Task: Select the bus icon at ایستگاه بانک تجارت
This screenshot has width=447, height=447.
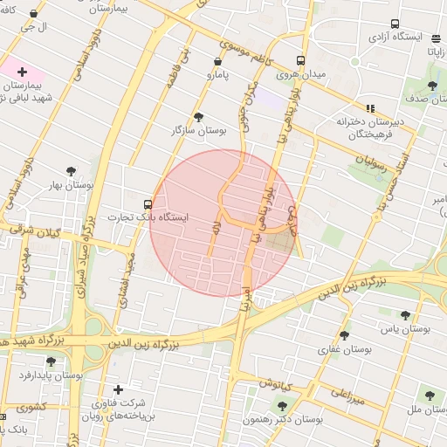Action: click(147, 204)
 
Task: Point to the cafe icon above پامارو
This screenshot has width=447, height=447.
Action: click(217, 62)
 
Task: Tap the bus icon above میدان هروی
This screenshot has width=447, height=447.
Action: click(300, 61)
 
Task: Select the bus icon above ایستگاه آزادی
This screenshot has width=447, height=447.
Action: click(395, 24)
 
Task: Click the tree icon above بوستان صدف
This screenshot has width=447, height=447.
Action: click(432, 86)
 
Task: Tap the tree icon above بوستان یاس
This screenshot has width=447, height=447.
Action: click(405, 315)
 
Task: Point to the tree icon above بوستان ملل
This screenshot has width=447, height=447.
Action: click(429, 395)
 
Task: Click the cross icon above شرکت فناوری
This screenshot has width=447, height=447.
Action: click(118, 389)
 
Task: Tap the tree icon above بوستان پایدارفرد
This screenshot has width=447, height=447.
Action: click(50, 361)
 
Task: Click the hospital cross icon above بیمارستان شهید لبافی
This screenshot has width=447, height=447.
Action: click(22, 72)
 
